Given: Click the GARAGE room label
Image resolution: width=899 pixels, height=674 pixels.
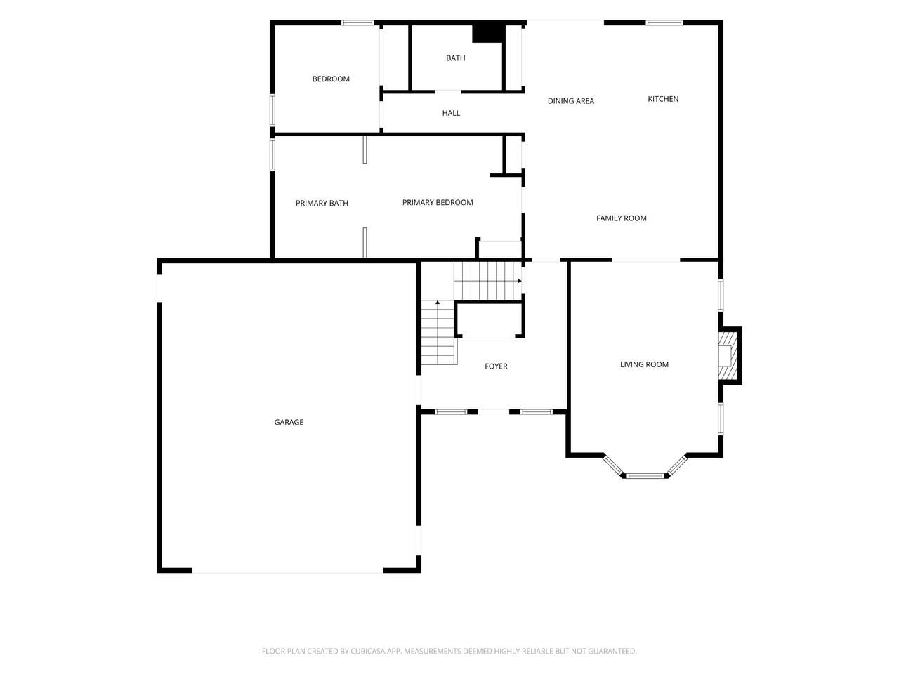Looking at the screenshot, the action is (289, 422).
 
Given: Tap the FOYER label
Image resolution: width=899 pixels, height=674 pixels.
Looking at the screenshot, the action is (496, 366).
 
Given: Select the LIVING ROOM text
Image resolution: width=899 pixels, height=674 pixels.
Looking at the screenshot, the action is (644, 364).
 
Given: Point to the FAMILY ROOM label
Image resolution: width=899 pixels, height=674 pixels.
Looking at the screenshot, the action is (622, 218).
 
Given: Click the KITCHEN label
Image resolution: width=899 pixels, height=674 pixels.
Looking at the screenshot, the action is (663, 98).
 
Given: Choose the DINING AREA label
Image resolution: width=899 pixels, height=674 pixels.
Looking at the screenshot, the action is (571, 100).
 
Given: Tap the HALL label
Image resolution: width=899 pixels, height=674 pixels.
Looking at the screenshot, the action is (451, 113).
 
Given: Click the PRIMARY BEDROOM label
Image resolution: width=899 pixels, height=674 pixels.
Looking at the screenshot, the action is (438, 202).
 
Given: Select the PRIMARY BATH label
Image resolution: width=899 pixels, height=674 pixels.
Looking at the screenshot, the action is (322, 203).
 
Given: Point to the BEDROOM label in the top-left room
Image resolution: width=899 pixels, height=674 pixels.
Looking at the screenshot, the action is (331, 79).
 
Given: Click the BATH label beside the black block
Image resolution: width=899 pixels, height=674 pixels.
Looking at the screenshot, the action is (455, 58).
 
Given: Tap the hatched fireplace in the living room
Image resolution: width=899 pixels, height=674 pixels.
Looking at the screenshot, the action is (728, 355).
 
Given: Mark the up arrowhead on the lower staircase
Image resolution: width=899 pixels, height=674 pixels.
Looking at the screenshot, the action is (438, 303).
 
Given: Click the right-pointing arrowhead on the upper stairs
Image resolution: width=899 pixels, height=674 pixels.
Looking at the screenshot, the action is (519, 281).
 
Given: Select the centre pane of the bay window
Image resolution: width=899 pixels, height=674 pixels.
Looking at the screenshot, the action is (645, 475).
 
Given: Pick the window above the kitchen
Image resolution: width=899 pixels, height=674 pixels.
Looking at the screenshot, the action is (664, 22).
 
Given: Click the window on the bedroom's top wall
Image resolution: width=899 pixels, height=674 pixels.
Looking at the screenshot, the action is (357, 22).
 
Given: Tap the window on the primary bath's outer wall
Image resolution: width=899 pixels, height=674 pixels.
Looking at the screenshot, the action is (272, 154).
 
